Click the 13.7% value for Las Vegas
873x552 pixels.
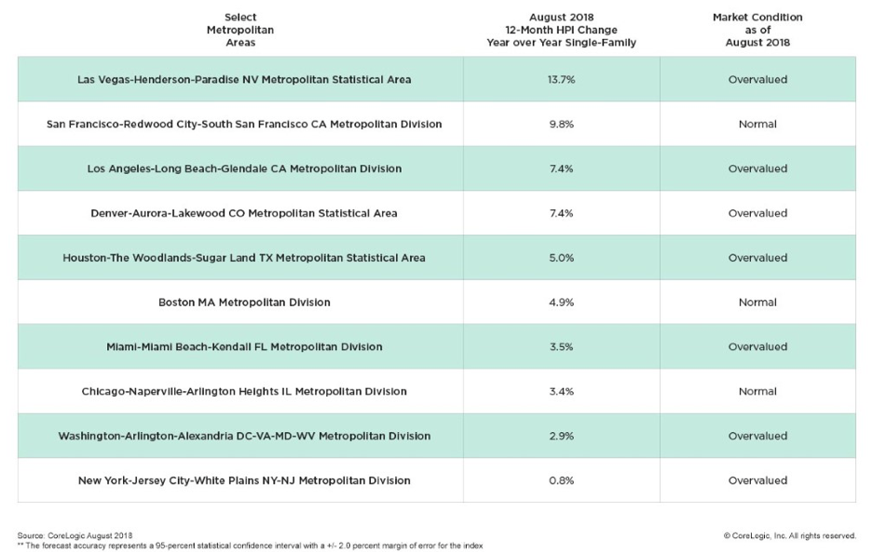click(x=561, y=79)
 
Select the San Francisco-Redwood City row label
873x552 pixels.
click(x=244, y=124)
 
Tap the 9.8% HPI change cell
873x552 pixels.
click(x=561, y=124)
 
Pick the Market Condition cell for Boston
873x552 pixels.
click(x=757, y=303)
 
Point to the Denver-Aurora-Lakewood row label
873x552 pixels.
click(x=244, y=213)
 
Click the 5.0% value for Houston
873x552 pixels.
click(x=561, y=258)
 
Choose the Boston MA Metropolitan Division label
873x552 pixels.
click(x=244, y=303)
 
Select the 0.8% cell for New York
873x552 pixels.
click(x=561, y=480)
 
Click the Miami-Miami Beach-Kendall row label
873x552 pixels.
click(x=244, y=346)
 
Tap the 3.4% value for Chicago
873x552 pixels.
click(x=561, y=391)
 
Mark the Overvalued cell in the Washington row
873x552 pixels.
click(x=757, y=436)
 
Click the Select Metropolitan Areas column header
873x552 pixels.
click(x=240, y=30)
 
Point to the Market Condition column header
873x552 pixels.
click(x=757, y=30)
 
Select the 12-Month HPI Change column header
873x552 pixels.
click(x=561, y=30)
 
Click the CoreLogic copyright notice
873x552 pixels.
click(x=789, y=535)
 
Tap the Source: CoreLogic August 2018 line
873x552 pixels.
click(x=75, y=535)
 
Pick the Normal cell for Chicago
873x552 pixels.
click(x=757, y=391)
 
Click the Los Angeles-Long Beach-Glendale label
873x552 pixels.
click(x=244, y=168)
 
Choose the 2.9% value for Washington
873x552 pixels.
click(x=561, y=436)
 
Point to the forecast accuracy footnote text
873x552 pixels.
click(x=250, y=545)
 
